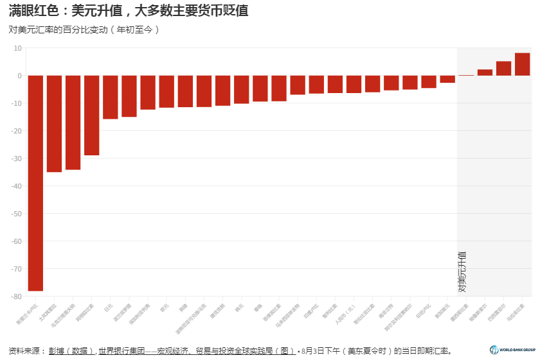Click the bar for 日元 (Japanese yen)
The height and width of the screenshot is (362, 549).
tap(111, 97)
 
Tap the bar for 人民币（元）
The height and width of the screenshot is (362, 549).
tap(354, 84)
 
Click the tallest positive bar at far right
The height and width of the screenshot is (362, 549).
tap(522, 64)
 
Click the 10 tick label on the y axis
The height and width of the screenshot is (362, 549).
tap(17, 48)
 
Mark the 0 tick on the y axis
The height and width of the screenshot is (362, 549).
tap(20, 76)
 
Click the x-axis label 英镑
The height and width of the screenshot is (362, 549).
tap(184, 307)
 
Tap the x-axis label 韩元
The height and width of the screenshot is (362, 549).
tap(240, 307)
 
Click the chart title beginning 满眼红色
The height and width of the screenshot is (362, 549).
tap(129, 11)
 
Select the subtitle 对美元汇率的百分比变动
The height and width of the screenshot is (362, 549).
tap(84, 30)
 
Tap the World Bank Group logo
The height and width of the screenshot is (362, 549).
tap(512, 350)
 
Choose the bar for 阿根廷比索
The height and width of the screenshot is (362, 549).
tap(92, 116)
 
